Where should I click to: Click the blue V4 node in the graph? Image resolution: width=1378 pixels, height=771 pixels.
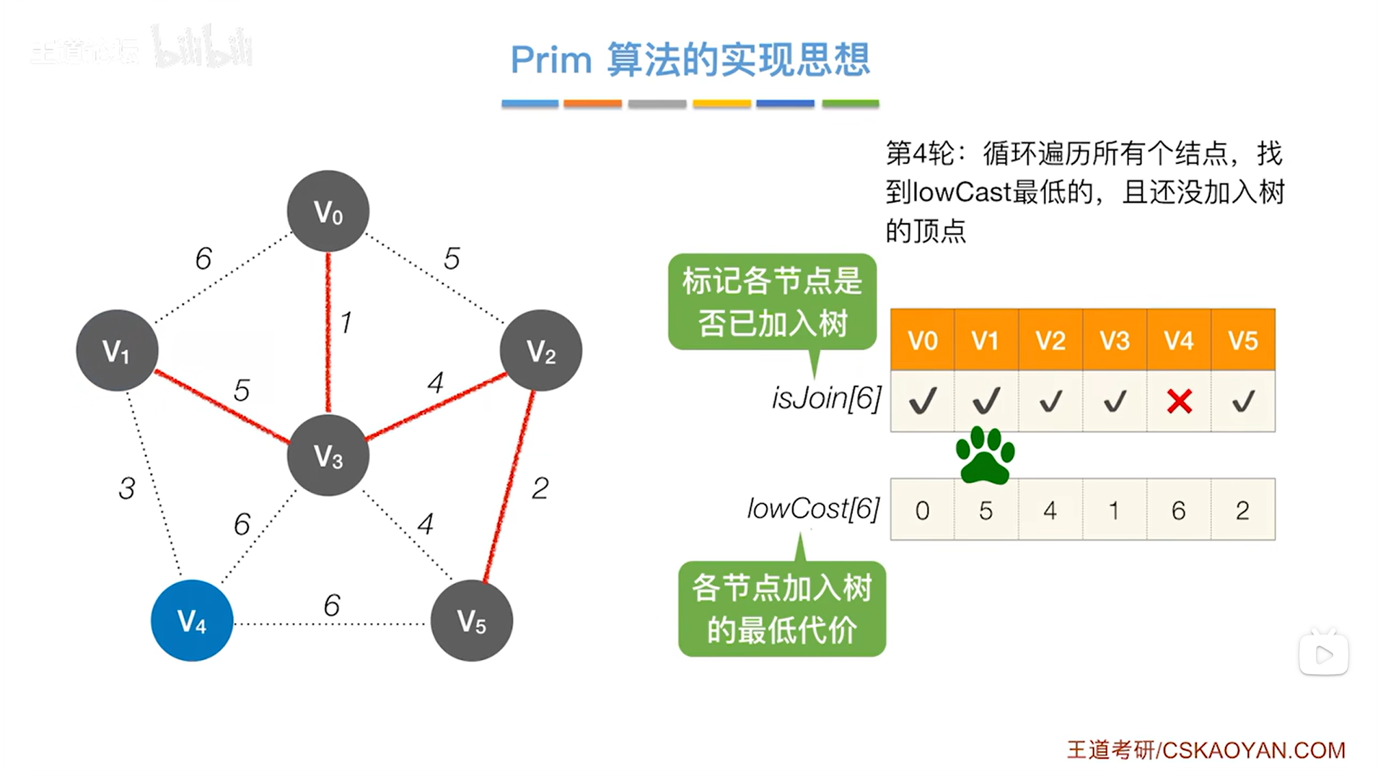(x=191, y=620)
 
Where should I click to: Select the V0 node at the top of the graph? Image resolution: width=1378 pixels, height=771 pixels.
(x=328, y=211)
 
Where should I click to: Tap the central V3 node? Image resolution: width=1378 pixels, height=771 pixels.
(x=328, y=455)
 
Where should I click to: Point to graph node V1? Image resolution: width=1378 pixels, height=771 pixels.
(x=117, y=351)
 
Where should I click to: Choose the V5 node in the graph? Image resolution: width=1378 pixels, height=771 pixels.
(x=471, y=620)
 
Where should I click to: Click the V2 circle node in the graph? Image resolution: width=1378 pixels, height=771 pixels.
(x=540, y=351)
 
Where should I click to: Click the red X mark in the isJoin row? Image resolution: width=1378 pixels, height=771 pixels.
(x=1179, y=401)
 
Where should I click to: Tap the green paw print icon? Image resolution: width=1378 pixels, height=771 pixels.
(x=985, y=455)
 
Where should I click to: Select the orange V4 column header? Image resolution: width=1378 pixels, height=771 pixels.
(x=1179, y=340)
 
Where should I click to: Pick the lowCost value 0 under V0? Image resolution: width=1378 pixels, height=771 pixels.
(x=922, y=510)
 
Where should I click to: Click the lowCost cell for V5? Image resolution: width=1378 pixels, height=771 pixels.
(x=1242, y=510)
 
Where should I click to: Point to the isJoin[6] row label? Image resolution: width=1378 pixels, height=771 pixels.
(x=826, y=398)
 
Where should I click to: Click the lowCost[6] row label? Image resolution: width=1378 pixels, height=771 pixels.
(x=813, y=509)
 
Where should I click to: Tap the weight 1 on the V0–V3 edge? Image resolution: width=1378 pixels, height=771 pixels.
(x=346, y=322)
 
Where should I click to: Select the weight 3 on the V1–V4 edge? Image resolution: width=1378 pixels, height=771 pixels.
(x=127, y=489)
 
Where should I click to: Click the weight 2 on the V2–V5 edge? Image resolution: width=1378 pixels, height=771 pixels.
(x=540, y=489)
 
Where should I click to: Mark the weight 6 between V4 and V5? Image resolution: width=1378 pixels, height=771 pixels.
(x=332, y=605)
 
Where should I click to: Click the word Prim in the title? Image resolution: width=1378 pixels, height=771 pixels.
(x=551, y=59)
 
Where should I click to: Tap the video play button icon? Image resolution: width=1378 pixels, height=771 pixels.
(x=1323, y=655)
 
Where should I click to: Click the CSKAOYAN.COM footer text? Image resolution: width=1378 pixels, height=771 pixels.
(x=1253, y=750)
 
